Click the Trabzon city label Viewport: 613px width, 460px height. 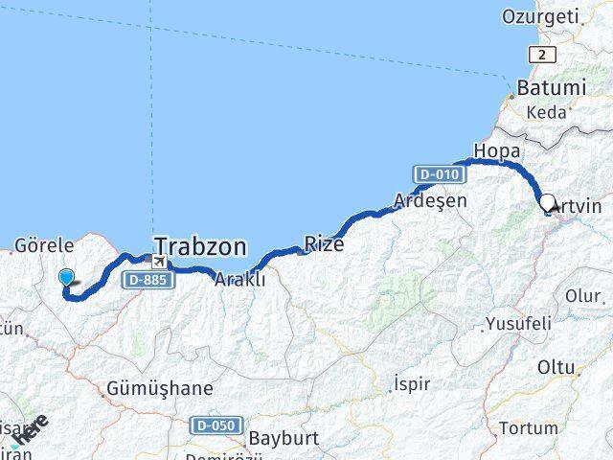200,246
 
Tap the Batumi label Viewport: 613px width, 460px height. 551,87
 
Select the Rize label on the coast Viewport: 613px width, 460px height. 324,244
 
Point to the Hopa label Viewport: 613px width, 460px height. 496,150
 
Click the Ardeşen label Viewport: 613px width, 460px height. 430,201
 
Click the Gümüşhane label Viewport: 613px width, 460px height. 160,389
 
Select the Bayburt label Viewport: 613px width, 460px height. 283,438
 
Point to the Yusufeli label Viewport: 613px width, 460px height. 519,323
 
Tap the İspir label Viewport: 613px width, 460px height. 412,383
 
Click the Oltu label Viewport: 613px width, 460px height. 556,367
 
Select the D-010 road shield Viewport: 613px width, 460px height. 439,174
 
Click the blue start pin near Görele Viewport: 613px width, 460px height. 66,277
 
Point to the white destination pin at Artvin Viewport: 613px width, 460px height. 550,203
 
